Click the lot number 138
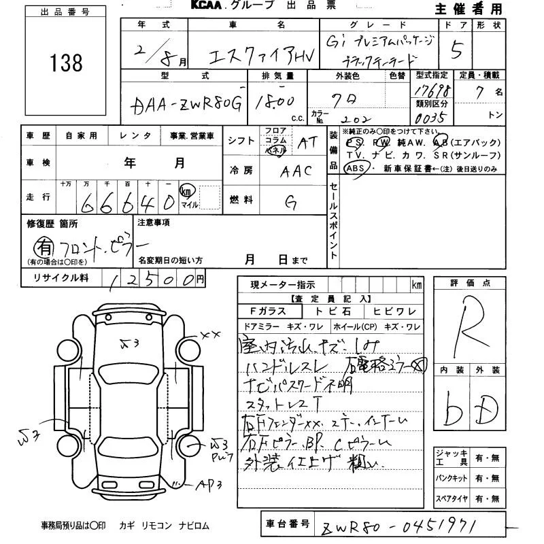click(66, 63)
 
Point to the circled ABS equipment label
click(356, 168)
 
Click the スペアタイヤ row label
click(451, 499)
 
